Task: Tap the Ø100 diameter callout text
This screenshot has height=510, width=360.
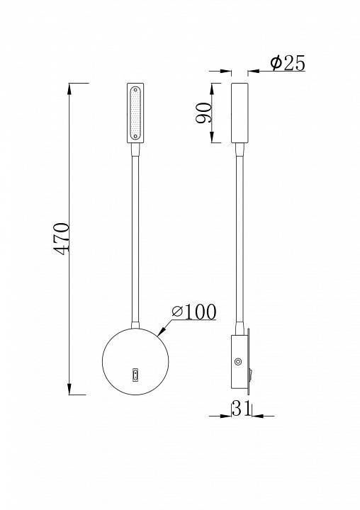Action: [193, 311]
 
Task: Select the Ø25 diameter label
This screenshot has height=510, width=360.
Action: [287, 64]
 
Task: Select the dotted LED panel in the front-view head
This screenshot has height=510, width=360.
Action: [135, 113]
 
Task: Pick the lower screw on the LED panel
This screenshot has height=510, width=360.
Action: [135, 135]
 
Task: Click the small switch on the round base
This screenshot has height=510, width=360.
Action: [135, 374]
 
